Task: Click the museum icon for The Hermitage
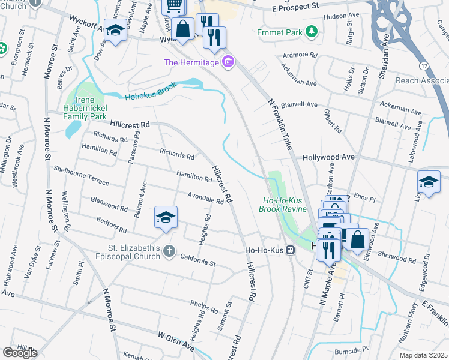pos(228,62)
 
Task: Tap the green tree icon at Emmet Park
pos(311,31)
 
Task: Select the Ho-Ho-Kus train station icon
pos(291,250)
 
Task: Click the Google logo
pos(19,353)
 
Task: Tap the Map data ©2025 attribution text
pos(423,355)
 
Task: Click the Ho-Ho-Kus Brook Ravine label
pos(282,205)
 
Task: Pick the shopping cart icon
pos(173,5)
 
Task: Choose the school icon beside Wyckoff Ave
pos(115,31)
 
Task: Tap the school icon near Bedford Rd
pos(166,217)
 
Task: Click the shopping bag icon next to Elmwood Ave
pos(357,238)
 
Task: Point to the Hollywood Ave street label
pos(328,157)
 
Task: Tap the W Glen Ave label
pos(176,340)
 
